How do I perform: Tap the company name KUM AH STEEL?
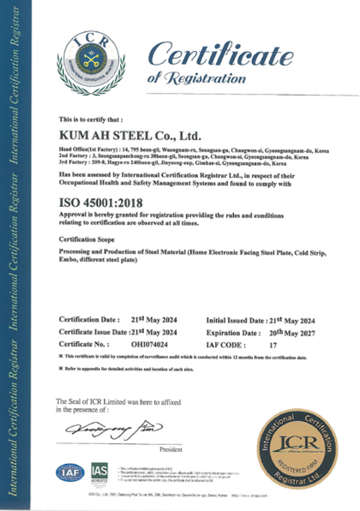130,136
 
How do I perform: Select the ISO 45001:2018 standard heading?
101,201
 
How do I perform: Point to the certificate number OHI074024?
149,344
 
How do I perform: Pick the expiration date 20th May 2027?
291,332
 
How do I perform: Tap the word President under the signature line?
171,450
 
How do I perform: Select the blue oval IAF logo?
70,472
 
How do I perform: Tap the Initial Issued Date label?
235,320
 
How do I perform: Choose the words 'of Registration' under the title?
196,78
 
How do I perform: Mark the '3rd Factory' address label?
74,163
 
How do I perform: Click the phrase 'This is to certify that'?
91,119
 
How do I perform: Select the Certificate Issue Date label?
93,332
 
